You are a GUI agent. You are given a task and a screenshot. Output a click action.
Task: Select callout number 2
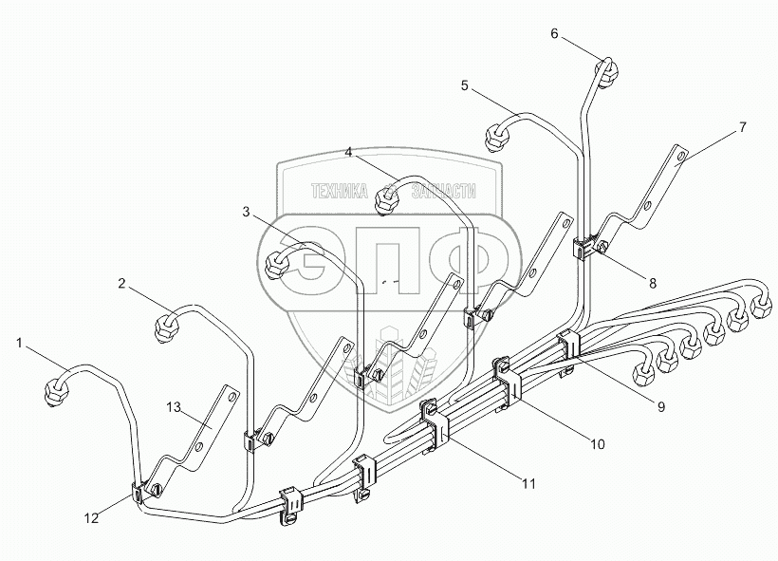click(x=121, y=282)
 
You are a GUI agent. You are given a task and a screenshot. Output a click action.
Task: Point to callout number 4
click(x=349, y=151)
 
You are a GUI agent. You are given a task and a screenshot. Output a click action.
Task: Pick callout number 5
click(x=464, y=84)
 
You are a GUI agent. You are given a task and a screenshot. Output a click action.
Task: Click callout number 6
click(x=555, y=34)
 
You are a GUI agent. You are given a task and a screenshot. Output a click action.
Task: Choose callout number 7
click(x=743, y=126)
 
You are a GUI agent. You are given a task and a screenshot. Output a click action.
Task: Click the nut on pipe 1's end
click(x=59, y=388)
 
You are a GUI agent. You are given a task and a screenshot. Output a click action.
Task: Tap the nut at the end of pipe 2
click(x=167, y=327)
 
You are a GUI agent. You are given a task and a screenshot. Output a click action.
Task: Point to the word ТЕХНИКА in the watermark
click(x=339, y=192)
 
